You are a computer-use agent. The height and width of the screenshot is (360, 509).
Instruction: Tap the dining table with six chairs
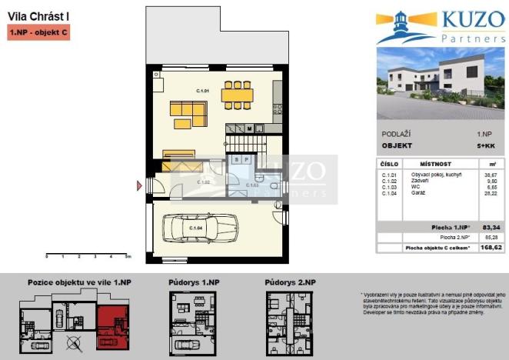[237, 95]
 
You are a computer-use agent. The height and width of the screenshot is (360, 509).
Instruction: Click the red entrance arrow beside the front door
[140, 185]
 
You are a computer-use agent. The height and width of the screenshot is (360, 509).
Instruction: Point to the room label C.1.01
[203, 92]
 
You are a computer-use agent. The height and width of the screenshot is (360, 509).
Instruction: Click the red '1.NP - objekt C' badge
[39, 32]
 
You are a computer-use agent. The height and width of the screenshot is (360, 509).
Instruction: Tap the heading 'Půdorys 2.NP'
[290, 283]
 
